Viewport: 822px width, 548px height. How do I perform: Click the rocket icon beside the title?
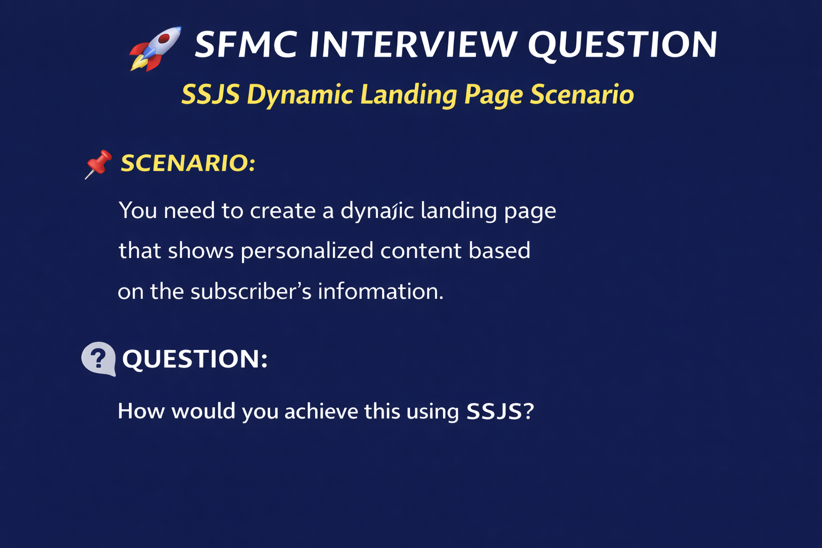pos(155,49)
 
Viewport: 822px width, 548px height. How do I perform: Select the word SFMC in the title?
pos(246,45)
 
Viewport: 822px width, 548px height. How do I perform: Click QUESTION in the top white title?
pos(622,45)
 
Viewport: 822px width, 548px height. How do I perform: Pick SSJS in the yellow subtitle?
pos(210,95)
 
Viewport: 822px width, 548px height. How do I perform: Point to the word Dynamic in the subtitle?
pos(300,95)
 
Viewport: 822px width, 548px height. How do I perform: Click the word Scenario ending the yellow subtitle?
pos(582,95)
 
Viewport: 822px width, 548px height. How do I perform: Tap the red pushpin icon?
pos(98,164)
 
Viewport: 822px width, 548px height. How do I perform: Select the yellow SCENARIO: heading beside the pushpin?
pos(188,163)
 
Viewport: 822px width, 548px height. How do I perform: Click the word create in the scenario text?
pos(283,211)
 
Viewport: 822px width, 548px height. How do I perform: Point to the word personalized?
pos(307,251)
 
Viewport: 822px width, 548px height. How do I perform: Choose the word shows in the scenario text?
pos(201,251)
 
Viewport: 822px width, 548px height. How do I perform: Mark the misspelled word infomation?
pos(380,292)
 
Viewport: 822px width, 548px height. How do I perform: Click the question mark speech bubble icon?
pos(98,359)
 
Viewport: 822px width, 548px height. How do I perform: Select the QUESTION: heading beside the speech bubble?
pos(195,359)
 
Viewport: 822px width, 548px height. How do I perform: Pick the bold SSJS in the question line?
pos(494,412)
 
